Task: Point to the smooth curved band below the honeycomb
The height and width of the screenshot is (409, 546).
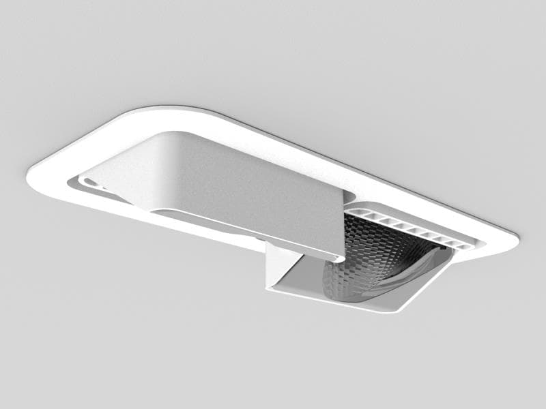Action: [403, 279]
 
